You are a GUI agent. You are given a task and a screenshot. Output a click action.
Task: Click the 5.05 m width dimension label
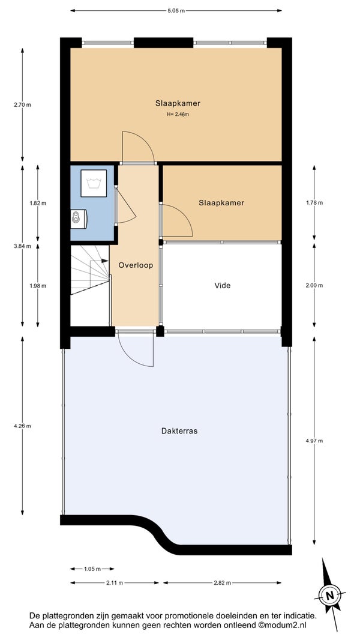pos(176,11)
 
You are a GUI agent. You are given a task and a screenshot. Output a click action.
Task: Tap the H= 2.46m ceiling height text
pos(178,114)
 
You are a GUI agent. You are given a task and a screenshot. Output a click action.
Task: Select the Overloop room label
pos(136,265)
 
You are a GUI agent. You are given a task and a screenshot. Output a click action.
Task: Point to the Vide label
pos(223,286)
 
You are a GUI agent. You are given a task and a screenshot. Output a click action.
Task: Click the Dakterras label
pos(179,430)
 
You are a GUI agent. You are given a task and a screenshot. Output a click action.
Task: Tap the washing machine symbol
pos(94,183)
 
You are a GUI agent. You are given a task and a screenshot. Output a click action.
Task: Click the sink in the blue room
pos(78,219)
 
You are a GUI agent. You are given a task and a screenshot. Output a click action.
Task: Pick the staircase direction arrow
pos(99,261)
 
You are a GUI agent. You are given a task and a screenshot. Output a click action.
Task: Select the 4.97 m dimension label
pos(314,441)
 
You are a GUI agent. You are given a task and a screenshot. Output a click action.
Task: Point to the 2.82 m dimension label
pos(222,583)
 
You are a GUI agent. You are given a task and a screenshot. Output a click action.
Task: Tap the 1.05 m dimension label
pos(92,569)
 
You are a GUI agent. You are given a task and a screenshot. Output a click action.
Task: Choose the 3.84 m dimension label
pos(22,246)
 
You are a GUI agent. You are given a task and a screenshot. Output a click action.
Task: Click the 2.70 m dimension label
pos(22,104)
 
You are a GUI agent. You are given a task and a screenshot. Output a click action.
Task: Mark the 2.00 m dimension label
pos(314,286)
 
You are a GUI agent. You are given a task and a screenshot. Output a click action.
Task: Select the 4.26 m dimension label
pos(22,426)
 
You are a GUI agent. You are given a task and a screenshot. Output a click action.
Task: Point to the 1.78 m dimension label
pos(314,203)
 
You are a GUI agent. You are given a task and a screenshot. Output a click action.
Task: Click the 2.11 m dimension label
pos(115,583)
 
